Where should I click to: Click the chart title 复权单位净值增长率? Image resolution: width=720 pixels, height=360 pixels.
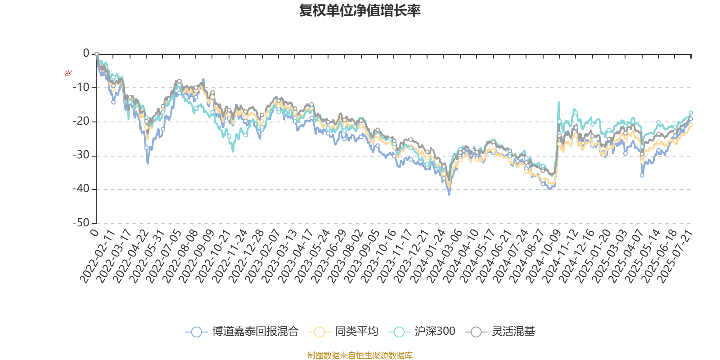pyautogui.click(x=360, y=10)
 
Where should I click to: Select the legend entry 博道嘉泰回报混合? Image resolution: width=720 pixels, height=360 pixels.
pyautogui.click(x=255, y=332)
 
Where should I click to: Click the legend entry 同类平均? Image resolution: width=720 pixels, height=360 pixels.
pyautogui.click(x=356, y=332)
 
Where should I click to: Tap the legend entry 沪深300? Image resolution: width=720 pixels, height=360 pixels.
pyautogui.click(x=435, y=332)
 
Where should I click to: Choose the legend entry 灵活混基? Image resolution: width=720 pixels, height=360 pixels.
pyautogui.click(x=513, y=332)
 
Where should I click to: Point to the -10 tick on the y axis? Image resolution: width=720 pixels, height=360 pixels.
pyautogui.click(x=81, y=87)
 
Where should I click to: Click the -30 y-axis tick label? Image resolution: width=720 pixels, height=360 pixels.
pyautogui.click(x=81, y=155)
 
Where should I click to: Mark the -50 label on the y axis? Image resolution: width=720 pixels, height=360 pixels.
pyautogui.click(x=81, y=223)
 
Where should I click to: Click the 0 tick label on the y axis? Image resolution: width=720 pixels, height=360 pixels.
pyautogui.click(x=86, y=54)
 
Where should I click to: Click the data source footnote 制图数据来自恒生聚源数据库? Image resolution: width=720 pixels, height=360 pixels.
pyautogui.click(x=360, y=355)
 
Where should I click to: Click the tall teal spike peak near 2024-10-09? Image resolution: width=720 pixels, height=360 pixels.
pyautogui.click(x=559, y=102)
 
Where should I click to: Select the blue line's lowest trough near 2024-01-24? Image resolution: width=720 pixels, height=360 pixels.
pyautogui.click(x=449, y=195)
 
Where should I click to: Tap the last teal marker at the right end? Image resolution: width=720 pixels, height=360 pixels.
pyautogui.click(x=691, y=113)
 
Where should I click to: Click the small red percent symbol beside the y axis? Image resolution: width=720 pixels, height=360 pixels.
pyautogui.click(x=68, y=73)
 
